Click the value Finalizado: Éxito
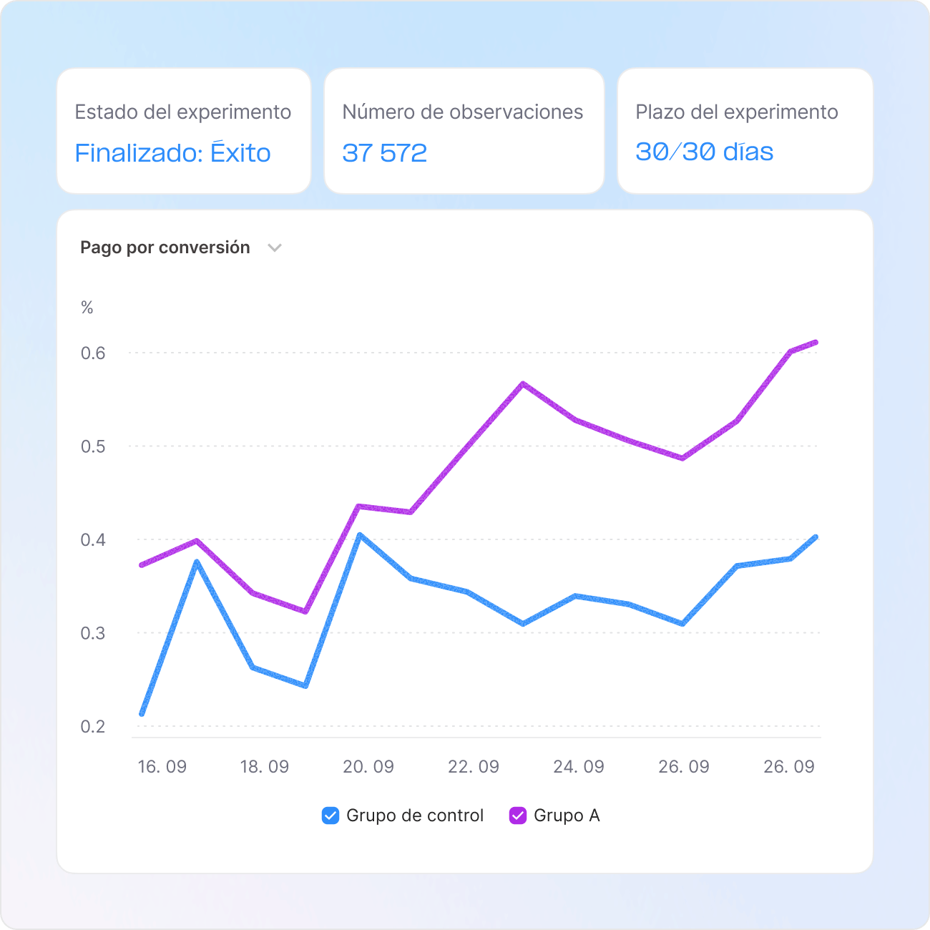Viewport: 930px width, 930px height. (x=172, y=153)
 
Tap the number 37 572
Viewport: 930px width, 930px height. (x=384, y=153)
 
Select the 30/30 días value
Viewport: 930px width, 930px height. (x=704, y=152)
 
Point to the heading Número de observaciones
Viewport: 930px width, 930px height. (x=462, y=112)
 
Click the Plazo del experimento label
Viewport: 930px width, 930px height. (x=736, y=112)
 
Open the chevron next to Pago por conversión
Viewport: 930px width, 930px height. (x=275, y=248)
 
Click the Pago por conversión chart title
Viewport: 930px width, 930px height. (x=165, y=248)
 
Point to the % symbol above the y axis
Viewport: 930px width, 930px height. (x=87, y=308)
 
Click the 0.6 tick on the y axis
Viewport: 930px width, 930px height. (x=93, y=353)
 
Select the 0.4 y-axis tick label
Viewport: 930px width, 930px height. (x=93, y=539)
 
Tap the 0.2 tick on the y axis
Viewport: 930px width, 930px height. (x=93, y=726)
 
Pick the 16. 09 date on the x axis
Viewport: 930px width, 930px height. (x=162, y=767)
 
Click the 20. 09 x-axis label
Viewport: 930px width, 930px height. (x=368, y=767)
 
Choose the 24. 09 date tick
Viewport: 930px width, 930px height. (x=578, y=767)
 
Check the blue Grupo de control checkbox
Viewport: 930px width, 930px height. (x=331, y=816)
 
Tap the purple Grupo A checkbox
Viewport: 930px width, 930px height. (x=518, y=816)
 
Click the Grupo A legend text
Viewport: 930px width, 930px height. (x=567, y=816)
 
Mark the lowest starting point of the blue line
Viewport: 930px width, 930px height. (x=142, y=713)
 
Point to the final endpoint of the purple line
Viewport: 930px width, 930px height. (x=816, y=343)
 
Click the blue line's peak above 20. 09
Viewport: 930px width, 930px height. (x=359, y=534)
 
